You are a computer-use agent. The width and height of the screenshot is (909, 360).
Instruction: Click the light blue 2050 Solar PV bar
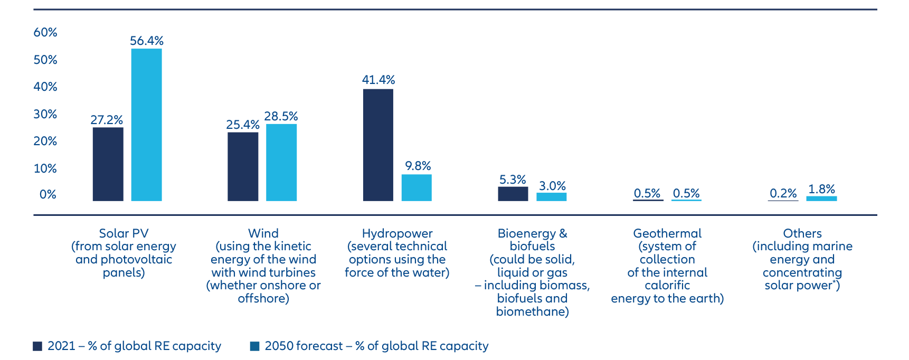pyautogui.click(x=146, y=125)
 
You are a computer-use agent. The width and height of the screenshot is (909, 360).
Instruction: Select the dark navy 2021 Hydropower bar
pyautogui.click(x=378, y=145)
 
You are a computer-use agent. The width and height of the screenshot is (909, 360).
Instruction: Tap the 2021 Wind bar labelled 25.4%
pyautogui.click(x=243, y=166)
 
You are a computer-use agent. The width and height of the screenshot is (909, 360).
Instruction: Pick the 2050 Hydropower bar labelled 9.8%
pyautogui.click(x=416, y=187)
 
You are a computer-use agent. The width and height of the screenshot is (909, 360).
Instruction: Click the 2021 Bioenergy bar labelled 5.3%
pyautogui.click(x=513, y=194)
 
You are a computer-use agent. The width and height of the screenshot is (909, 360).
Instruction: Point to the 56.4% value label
pyautogui.click(x=147, y=41)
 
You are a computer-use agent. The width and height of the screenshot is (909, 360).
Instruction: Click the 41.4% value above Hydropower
pyautogui.click(x=378, y=80)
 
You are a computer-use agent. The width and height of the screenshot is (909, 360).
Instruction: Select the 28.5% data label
pyautogui.click(x=281, y=116)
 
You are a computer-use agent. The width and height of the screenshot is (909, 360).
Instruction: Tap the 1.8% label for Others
pyautogui.click(x=821, y=189)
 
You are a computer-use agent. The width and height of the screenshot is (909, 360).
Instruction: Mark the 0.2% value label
pyautogui.click(x=783, y=193)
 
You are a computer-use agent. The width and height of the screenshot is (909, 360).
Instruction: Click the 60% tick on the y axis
pyautogui.click(x=45, y=32)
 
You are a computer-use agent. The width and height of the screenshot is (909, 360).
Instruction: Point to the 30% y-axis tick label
pyautogui.click(x=45, y=114)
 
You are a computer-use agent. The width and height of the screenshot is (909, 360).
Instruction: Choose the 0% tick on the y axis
pyautogui.click(x=48, y=194)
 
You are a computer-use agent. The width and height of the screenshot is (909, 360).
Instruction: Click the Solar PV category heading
pyautogui.click(x=124, y=233)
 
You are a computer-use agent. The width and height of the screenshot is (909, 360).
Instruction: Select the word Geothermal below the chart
pyautogui.click(x=667, y=233)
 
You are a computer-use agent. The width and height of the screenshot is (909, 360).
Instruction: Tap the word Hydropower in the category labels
pyautogui.click(x=397, y=233)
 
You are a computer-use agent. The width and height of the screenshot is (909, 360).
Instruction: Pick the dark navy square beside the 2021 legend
pyautogui.click(x=37, y=346)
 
